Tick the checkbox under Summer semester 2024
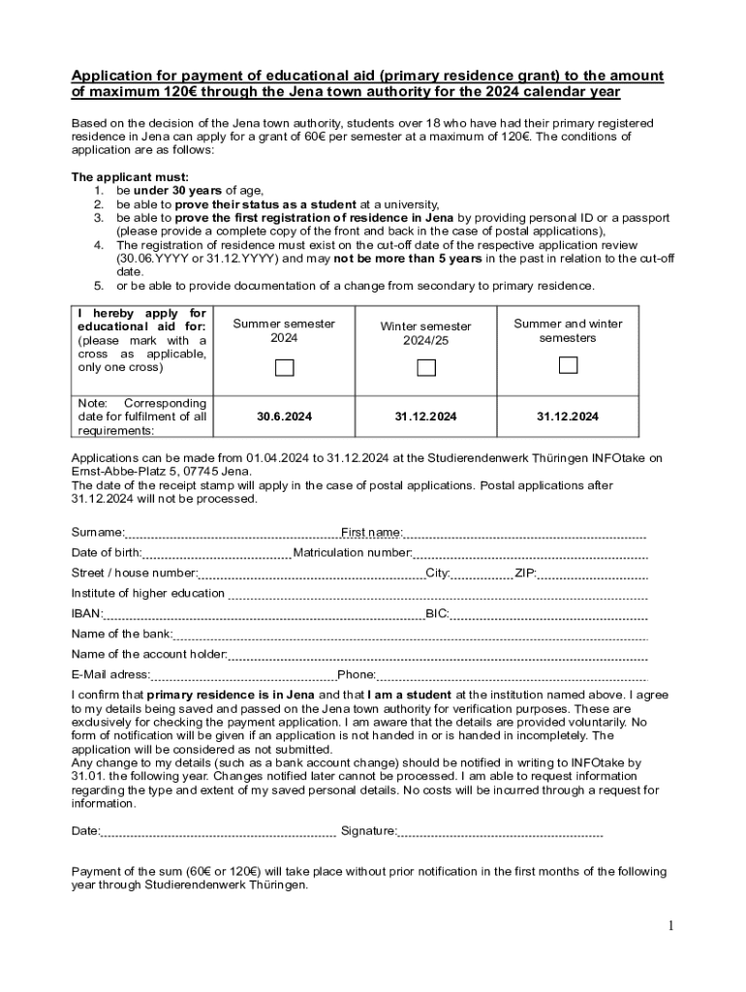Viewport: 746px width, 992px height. tap(284, 367)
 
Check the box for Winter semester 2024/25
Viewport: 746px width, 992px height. tap(426, 368)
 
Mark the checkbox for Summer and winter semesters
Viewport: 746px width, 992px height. tap(568, 365)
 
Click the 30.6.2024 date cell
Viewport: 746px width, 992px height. tap(284, 417)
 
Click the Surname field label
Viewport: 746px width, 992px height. tap(98, 532)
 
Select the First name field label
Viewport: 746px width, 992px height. tap(372, 532)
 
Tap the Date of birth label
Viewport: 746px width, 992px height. tap(107, 552)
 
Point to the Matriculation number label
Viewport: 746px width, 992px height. tap(353, 552)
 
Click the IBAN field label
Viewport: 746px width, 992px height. tap(86, 613)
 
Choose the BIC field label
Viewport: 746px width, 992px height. tap(437, 613)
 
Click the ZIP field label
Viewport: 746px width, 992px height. tap(525, 573)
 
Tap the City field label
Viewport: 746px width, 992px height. tap(438, 573)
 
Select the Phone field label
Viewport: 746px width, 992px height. tap(357, 674)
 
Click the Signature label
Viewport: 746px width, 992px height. tap(368, 830)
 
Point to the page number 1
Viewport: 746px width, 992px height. tap(669, 926)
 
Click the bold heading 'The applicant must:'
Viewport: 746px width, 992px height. tap(130, 177)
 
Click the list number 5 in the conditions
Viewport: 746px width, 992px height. tap(98, 286)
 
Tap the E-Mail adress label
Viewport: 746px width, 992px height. tap(110, 674)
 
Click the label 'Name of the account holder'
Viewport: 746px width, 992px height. tap(149, 654)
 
